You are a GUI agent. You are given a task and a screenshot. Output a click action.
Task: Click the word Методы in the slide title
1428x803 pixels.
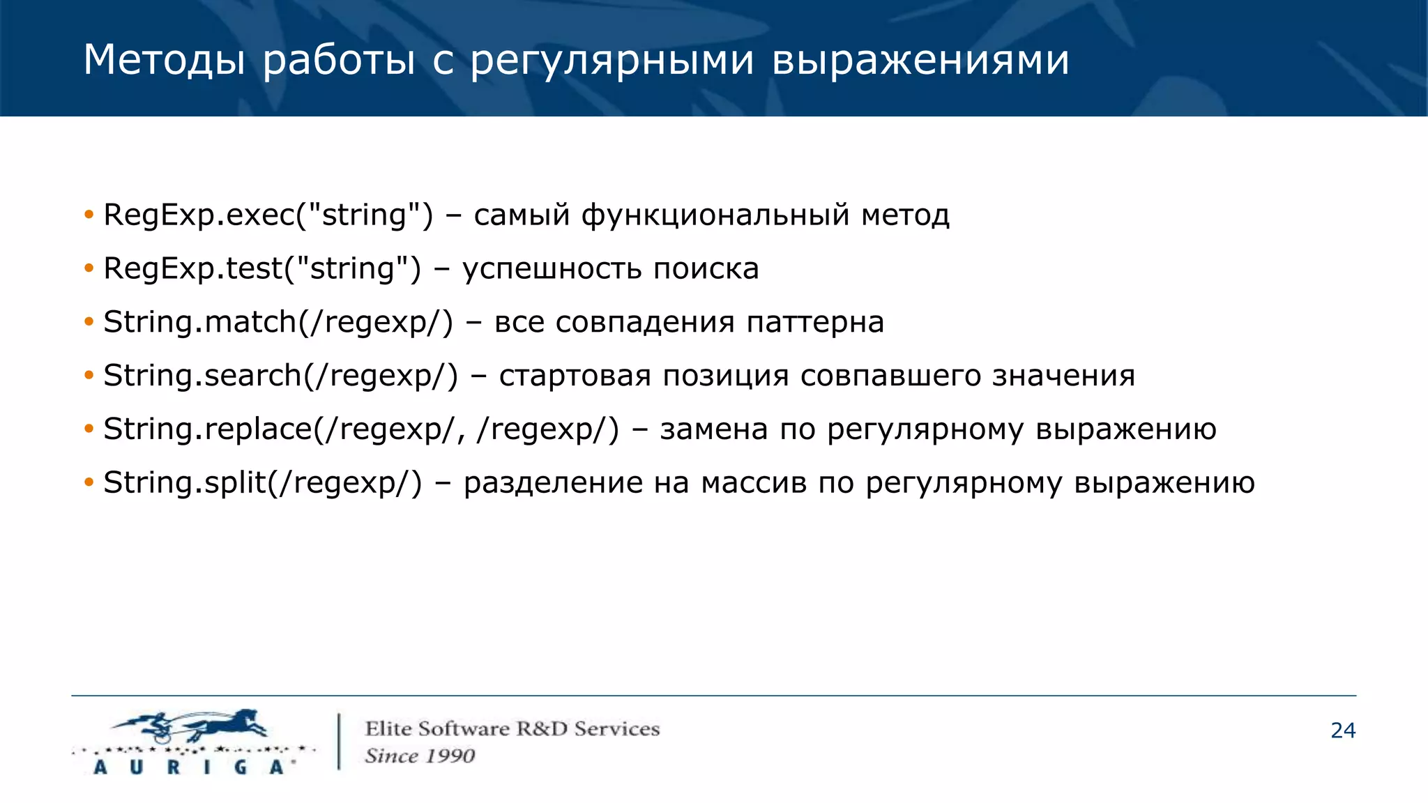click(164, 60)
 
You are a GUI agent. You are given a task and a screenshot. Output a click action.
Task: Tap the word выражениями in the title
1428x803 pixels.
click(920, 60)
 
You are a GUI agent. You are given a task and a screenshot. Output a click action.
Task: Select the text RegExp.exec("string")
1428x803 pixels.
click(268, 215)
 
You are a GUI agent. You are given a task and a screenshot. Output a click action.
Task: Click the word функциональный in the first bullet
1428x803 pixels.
click(715, 215)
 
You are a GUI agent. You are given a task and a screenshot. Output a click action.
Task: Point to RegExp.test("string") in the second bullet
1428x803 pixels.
click(262, 268)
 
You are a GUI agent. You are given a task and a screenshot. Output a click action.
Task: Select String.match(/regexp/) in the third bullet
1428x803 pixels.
click(278, 322)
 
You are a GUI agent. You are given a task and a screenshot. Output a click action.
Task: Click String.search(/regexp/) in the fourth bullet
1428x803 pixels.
click(280, 376)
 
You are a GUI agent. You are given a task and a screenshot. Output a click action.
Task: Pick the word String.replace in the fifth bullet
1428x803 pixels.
click(207, 429)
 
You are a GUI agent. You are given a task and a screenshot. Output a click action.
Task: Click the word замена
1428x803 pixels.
click(713, 429)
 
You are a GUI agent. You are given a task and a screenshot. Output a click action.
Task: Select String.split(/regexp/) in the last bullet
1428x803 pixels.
click(263, 483)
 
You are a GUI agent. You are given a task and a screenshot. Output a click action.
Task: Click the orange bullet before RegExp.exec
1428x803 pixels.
click(89, 215)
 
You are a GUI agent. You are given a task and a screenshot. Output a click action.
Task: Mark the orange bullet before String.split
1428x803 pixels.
click(89, 483)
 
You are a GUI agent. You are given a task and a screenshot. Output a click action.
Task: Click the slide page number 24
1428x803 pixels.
click(1342, 731)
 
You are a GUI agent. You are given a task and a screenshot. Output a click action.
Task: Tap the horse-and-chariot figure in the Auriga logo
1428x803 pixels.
click(192, 726)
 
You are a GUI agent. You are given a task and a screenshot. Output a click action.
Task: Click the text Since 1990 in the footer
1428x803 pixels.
click(420, 756)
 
